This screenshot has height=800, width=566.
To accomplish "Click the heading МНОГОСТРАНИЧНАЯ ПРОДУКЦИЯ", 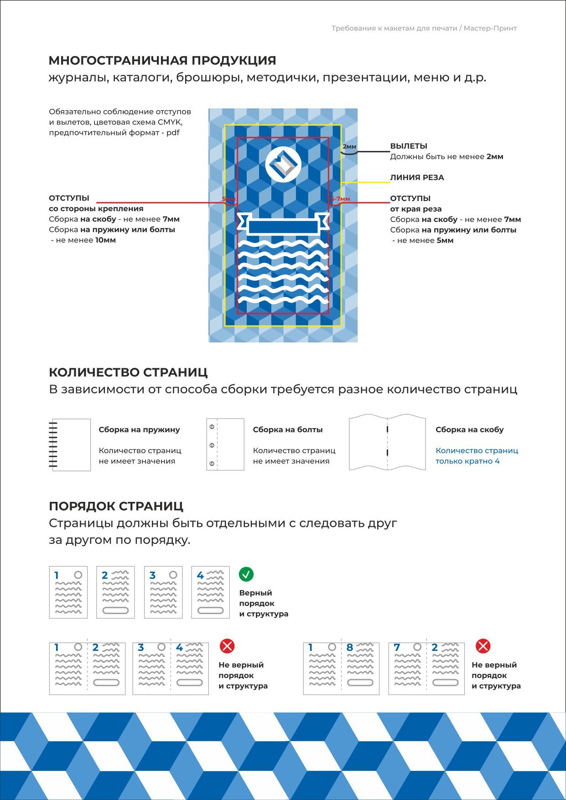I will coord(162,60).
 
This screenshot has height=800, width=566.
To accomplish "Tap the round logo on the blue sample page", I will coord(283,164).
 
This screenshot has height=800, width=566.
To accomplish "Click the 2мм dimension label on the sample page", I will coord(349,147).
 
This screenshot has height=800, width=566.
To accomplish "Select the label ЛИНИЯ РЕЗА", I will coord(417,177).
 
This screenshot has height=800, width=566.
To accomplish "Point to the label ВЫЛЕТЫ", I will coord(409,146).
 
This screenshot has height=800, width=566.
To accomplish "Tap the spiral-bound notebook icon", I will coord(70,444).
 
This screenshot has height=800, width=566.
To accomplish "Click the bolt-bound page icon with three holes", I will coord(225,444).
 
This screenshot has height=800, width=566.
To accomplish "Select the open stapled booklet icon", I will coord(387,443).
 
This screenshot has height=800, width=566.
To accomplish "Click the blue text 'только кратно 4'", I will coord(467,461).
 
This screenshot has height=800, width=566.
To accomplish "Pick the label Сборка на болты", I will coord(288,429).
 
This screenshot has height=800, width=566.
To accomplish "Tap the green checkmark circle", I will coord(246,574).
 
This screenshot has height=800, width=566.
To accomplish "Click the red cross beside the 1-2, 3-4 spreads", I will coord(227,646).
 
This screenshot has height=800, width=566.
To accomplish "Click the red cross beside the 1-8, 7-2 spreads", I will coord(483,646).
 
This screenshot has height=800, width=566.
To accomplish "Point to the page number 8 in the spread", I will coord(350,647).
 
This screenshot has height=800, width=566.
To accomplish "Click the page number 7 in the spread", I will coord(397,647).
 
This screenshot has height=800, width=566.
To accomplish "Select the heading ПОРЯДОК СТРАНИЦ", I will coord(116,506).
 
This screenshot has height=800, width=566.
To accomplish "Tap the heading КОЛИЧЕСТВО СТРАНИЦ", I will coord(128,372).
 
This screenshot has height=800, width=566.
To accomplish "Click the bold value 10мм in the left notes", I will coord(105,240).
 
